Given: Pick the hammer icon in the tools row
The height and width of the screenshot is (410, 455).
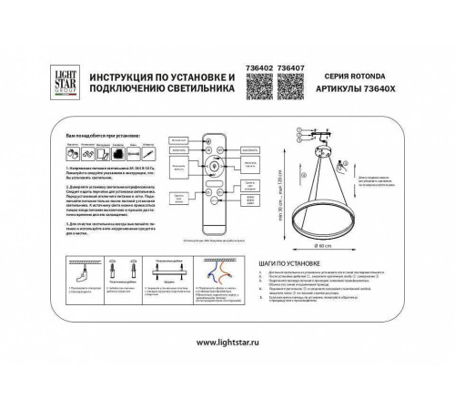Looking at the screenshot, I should [x=118, y=145].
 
